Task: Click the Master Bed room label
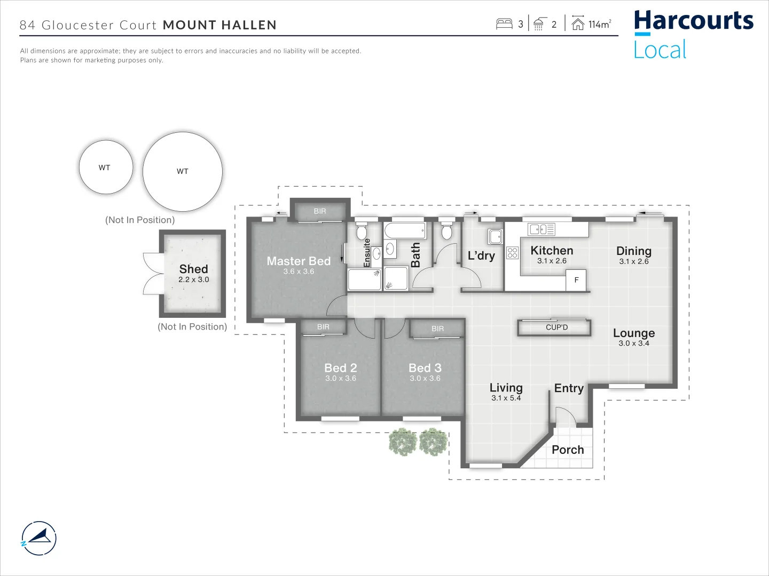(x=299, y=261)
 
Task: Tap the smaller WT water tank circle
(x=105, y=167)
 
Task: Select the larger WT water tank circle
(x=182, y=171)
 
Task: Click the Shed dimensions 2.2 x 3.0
(x=193, y=279)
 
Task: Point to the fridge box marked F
(x=576, y=279)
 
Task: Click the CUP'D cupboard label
(x=556, y=327)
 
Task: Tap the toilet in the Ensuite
(x=362, y=231)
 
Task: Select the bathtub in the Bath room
(x=405, y=231)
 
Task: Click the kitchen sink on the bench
(x=541, y=229)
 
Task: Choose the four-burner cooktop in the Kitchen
(x=512, y=253)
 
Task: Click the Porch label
(x=568, y=450)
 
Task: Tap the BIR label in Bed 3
(x=437, y=329)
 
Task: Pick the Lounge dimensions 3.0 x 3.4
(x=633, y=343)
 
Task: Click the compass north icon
(x=39, y=538)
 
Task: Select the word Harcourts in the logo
(x=693, y=21)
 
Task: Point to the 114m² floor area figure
(x=599, y=24)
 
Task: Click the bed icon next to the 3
(x=504, y=24)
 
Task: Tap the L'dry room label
(x=481, y=255)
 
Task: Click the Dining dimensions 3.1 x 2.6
(x=633, y=261)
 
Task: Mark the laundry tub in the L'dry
(x=495, y=236)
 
